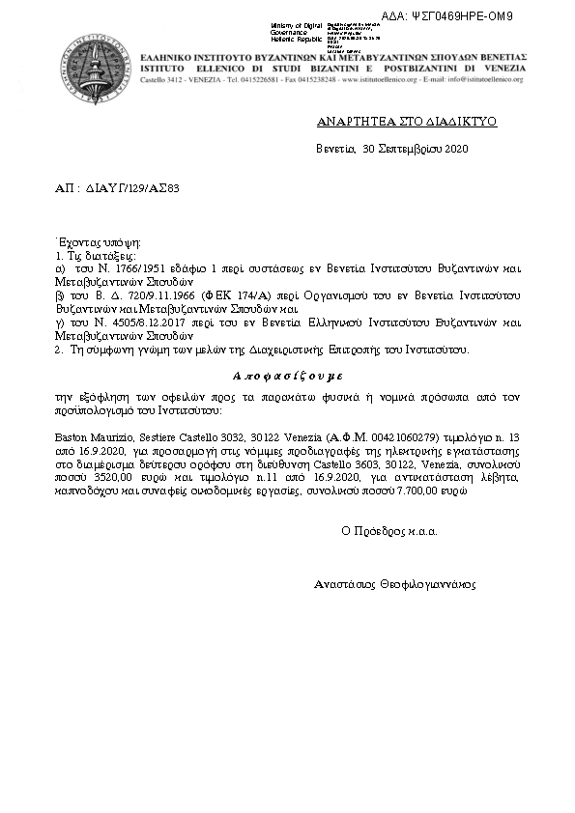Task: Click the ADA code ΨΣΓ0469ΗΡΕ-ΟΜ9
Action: coord(497,16)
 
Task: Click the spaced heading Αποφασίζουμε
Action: coord(288,375)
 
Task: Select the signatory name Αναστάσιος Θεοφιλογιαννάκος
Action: coord(395,584)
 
